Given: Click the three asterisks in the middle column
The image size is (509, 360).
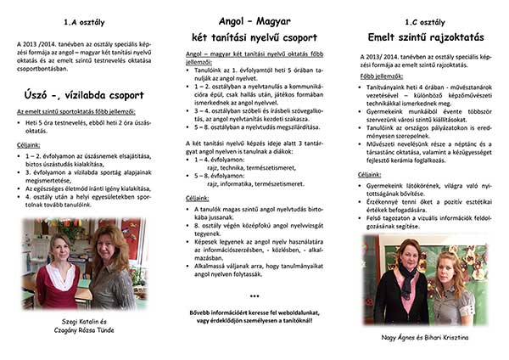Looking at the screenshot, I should (x=255, y=297).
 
